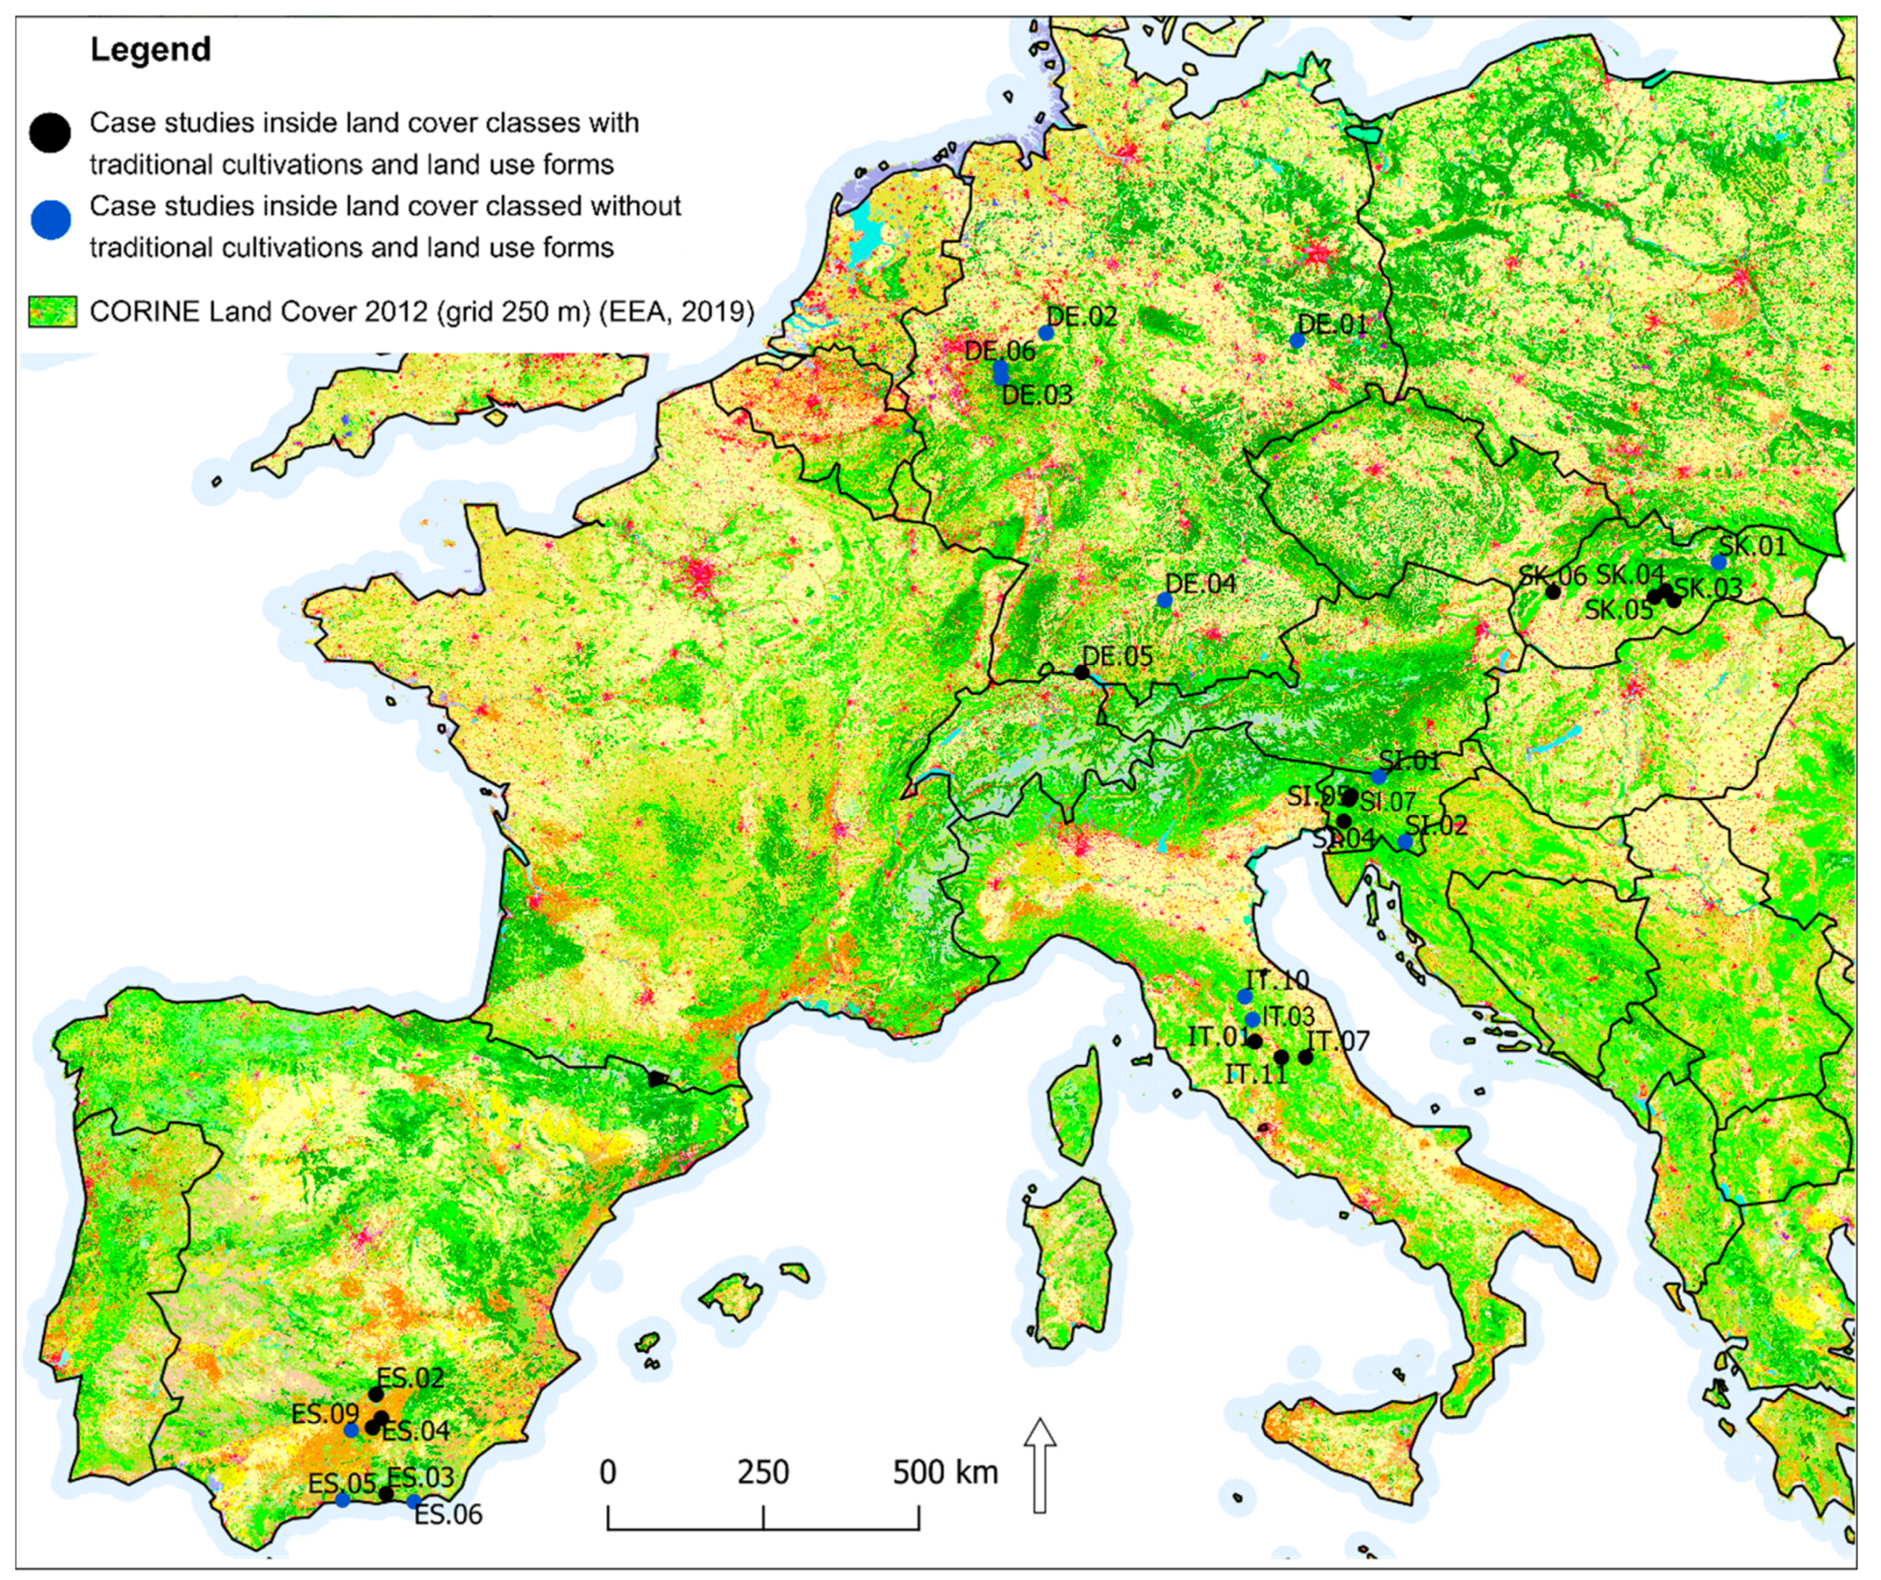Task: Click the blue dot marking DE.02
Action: point(1045,333)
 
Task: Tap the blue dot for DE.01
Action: point(1297,340)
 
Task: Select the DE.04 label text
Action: point(1200,583)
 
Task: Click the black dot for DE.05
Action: point(1081,673)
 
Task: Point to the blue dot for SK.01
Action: point(1718,563)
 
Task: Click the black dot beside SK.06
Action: point(1553,592)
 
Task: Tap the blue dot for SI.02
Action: point(1405,842)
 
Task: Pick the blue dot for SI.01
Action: point(1379,777)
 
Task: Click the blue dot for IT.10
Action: point(1244,996)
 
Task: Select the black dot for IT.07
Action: point(1305,1057)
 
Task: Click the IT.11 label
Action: point(1255,1073)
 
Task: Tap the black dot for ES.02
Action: point(376,1394)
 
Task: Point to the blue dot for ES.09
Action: point(351,1431)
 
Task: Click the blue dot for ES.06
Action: point(413,1501)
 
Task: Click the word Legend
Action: point(151,49)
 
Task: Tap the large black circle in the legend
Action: point(50,133)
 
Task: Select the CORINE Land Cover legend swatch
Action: point(52,312)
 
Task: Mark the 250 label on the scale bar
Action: point(764,1471)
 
